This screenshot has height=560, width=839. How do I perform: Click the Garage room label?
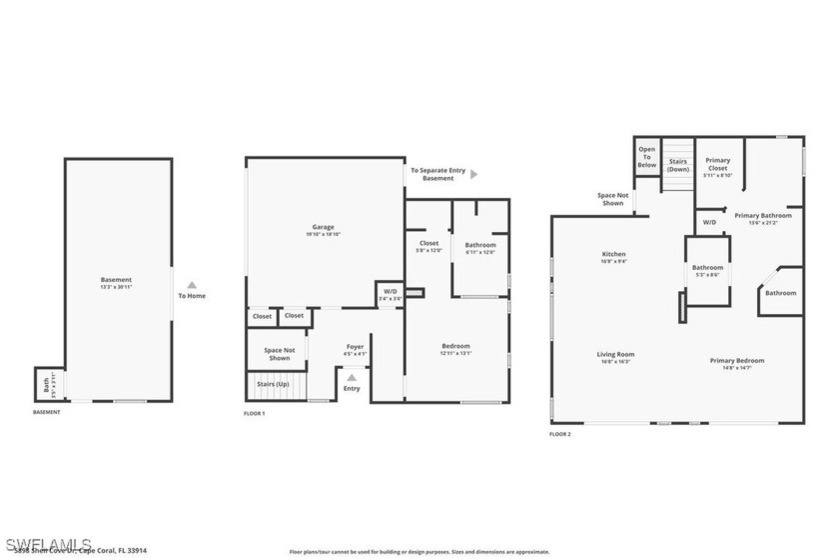click(x=323, y=227)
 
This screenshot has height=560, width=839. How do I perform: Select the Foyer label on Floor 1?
click(x=355, y=347)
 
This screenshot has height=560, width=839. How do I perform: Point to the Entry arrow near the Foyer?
click(x=352, y=378)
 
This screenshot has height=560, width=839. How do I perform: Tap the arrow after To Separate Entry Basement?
click(x=474, y=174)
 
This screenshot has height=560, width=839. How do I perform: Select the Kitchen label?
click(x=613, y=254)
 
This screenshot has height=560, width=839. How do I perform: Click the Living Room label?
click(x=615, y=354)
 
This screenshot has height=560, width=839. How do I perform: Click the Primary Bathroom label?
click(x=763, y=215)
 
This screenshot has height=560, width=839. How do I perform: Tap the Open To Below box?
click(x=647, y=157)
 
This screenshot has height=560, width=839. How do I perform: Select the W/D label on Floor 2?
click(x=709, y=222)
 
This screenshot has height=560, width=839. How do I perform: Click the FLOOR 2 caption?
click(x=560, y=434)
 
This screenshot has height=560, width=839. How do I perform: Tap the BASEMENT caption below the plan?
click(x=47, y=412)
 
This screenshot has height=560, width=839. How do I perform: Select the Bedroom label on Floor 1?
click(x=455, y=347)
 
